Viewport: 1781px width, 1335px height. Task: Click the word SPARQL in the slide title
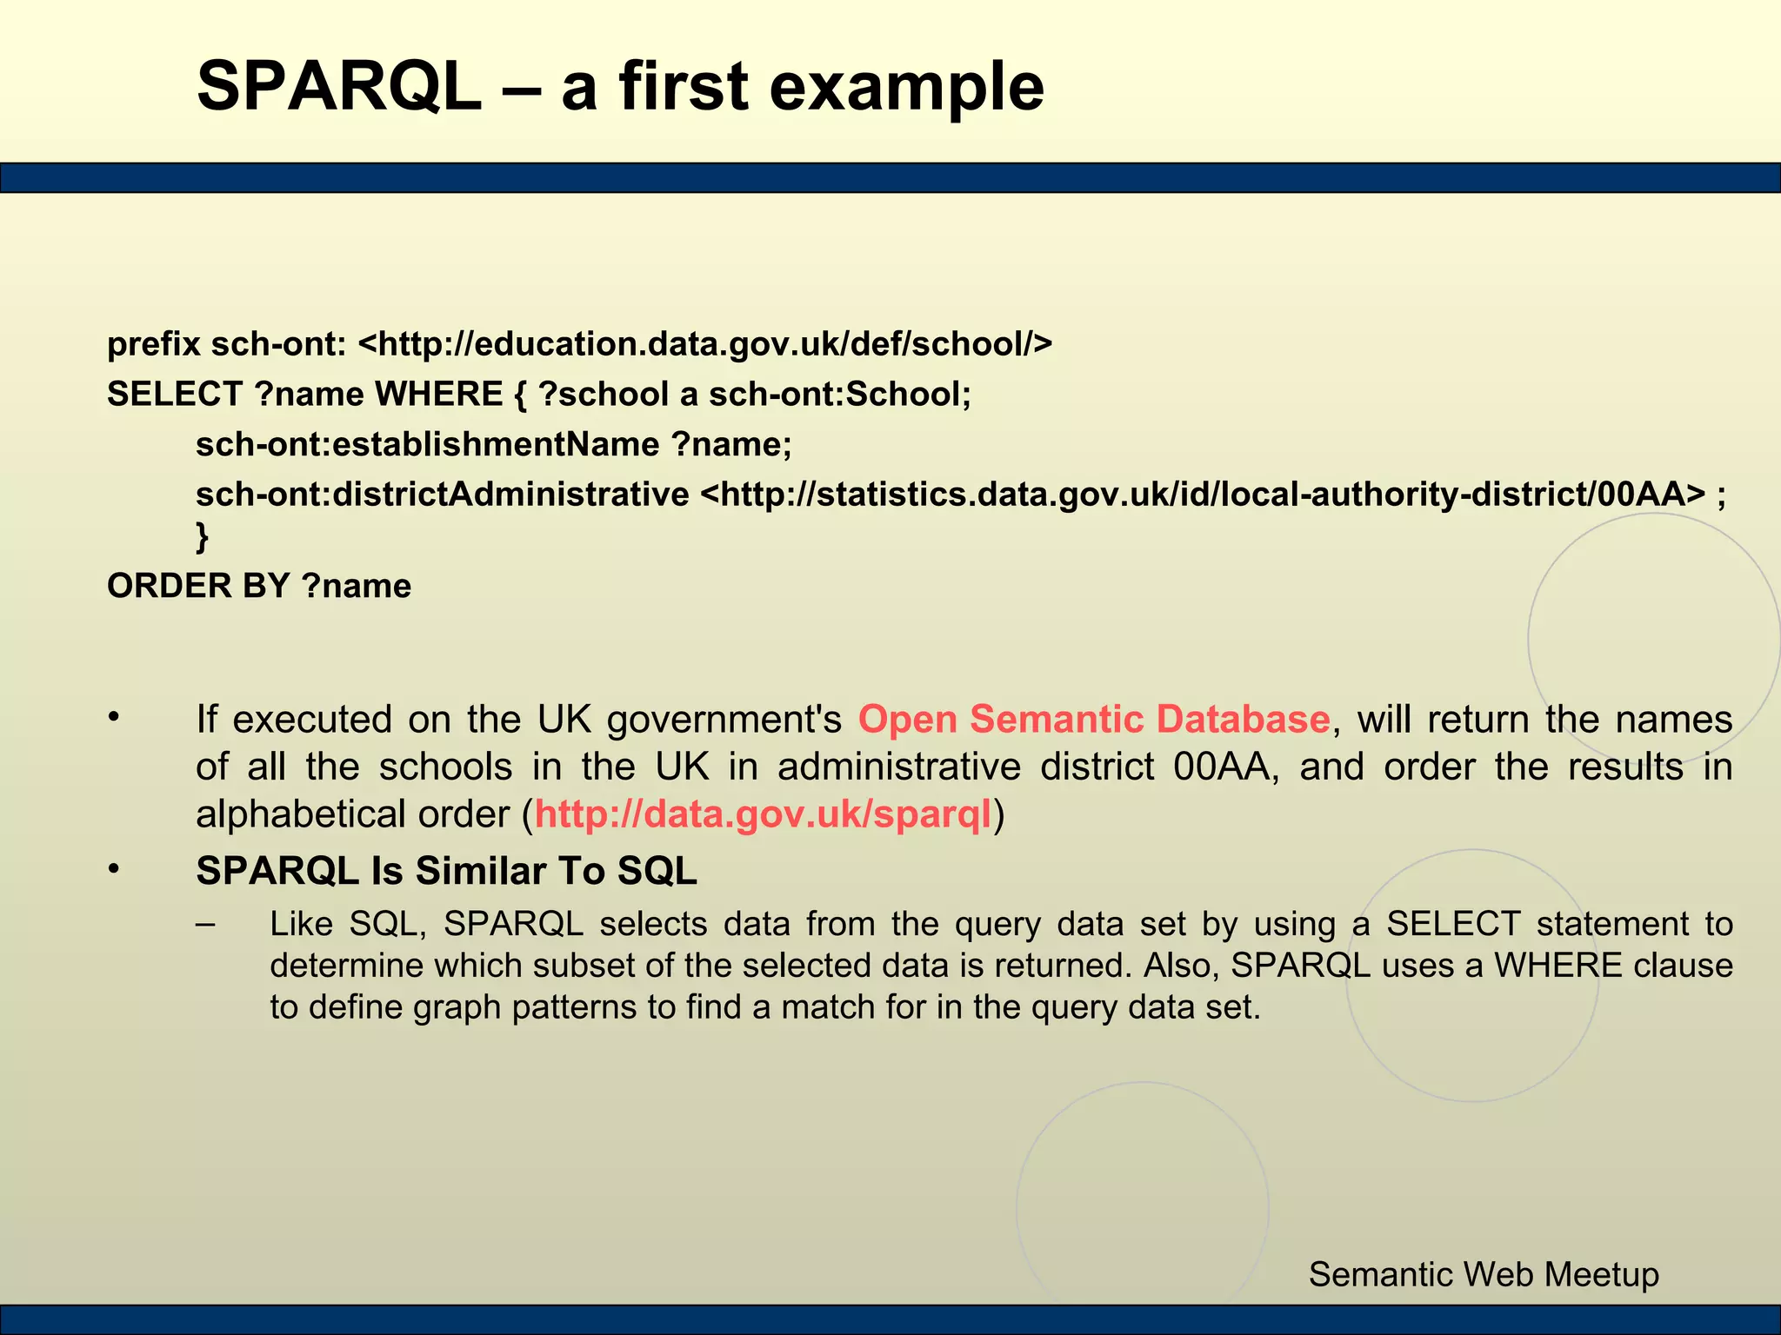pyautogui.click(x=339, y=87)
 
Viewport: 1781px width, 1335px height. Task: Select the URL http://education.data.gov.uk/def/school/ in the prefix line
pyautogui.click(x=705, y=344)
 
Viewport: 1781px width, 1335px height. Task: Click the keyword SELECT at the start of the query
pyautogui.click(x=175, y=395)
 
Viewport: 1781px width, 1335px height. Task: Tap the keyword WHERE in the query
pyautogui.click(x=439, y=395)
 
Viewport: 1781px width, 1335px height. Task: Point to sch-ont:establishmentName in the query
pyautogui.click(x=427, y=445)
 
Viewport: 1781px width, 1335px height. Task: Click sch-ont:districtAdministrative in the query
pyautogui.click(x=442, y=495)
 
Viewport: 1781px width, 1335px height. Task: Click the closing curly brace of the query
pyautogui.click(x=202, y=537)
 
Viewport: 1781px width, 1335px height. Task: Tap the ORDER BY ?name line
pyautogui.click(x=259, y=587)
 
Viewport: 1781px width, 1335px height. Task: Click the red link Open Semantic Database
pyautogui.click(x=1094, y=720)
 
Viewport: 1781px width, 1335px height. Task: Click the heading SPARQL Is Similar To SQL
pyautogui.click(x=446, y=871)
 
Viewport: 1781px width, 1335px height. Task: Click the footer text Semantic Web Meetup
pyautogui.click(x=1484, y=1274)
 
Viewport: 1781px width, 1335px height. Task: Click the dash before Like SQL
pyautogui.click(x=205, y=923)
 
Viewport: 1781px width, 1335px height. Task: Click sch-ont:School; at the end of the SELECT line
pyautogui.click(x=839, y=395)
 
